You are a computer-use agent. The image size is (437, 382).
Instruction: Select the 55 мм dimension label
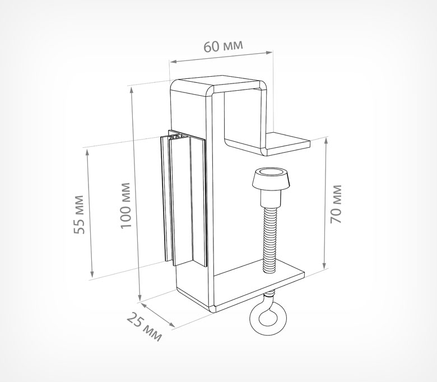click(80, 215)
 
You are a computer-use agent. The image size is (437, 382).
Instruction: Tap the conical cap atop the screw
click(272, 180)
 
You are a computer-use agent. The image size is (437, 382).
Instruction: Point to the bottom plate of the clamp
click(258, 285)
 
